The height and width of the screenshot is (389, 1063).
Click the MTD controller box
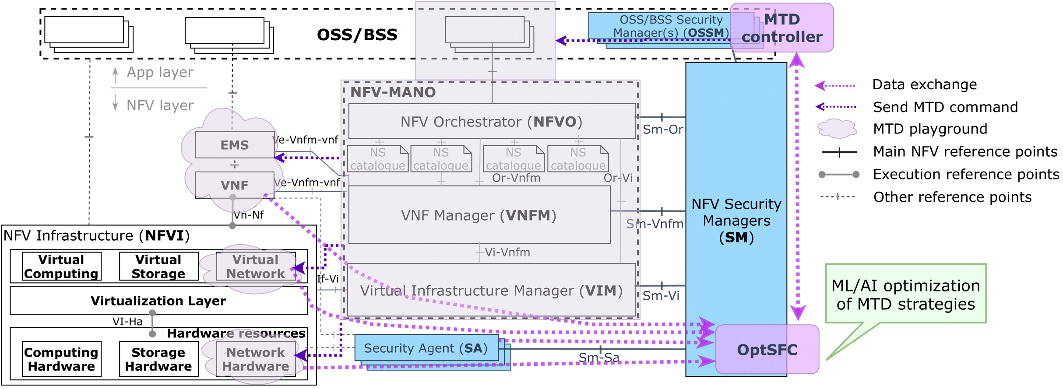tap(782, 28)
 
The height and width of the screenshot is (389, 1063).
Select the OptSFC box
tap(767, 350)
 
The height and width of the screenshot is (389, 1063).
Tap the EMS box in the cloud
tap(235, 145)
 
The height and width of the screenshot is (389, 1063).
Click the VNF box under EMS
tap(235, 185)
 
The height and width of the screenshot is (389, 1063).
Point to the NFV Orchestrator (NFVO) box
tap(492, 121)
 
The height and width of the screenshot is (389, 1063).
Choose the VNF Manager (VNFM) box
tap(479, 215)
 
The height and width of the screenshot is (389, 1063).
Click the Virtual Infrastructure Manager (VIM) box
tap(491, 290)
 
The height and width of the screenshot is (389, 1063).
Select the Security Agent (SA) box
tap(426, 348)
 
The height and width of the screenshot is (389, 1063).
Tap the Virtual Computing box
tap(62, 266)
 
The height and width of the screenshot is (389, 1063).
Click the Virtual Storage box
tap(158, 266)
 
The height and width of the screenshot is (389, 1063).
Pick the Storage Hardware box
tap(158, 359)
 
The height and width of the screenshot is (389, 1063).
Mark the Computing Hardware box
tap(62, 359)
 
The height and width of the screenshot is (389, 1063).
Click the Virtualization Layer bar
tap(158, 301)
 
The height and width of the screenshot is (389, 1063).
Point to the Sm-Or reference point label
tap(663, 130)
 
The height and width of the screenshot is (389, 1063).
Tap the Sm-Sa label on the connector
tap(599, 357)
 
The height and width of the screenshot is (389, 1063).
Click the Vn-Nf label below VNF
tap(249, 215)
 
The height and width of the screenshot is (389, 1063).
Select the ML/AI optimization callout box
tap(905, 294)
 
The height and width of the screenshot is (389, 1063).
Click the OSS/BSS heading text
tap(357, 35)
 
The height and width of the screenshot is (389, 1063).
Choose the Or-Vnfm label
tap(516, 178)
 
